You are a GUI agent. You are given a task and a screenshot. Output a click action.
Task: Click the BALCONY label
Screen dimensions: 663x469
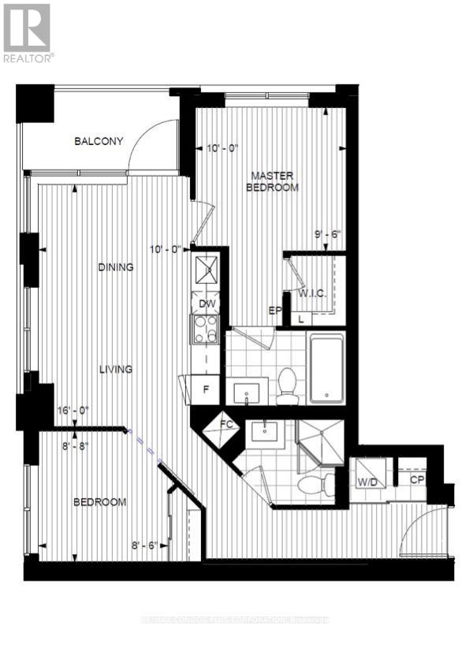coord(99,142)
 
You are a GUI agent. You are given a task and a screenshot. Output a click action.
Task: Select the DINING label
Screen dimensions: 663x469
coord(116,267)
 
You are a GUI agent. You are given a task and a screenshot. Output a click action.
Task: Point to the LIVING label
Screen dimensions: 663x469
coord(115,368)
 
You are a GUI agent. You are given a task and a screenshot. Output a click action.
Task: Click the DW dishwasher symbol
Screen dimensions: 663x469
coord(207,304)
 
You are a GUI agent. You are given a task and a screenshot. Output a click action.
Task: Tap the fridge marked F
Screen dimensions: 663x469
coord(207,389)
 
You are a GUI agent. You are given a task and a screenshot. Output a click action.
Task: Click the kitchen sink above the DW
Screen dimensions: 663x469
coord(207,273)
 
